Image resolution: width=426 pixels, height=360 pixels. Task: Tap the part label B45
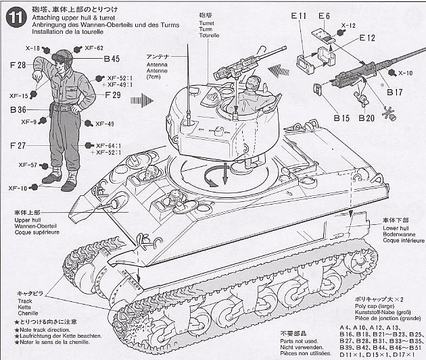click(x=112, y=59)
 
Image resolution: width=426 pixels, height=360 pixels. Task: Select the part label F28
click(x=18, y=65)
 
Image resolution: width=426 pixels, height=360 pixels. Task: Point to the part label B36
click(x=18, y=109)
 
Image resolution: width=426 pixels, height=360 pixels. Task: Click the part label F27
click(x=18, y=146)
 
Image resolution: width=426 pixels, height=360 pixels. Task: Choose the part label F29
click(x=112, y=96)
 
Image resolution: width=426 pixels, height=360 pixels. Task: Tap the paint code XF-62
click(x=94, y=48)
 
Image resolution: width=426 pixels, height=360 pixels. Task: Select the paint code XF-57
click(x=27, y=165)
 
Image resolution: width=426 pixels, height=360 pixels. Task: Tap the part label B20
click(x=367, y=118)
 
